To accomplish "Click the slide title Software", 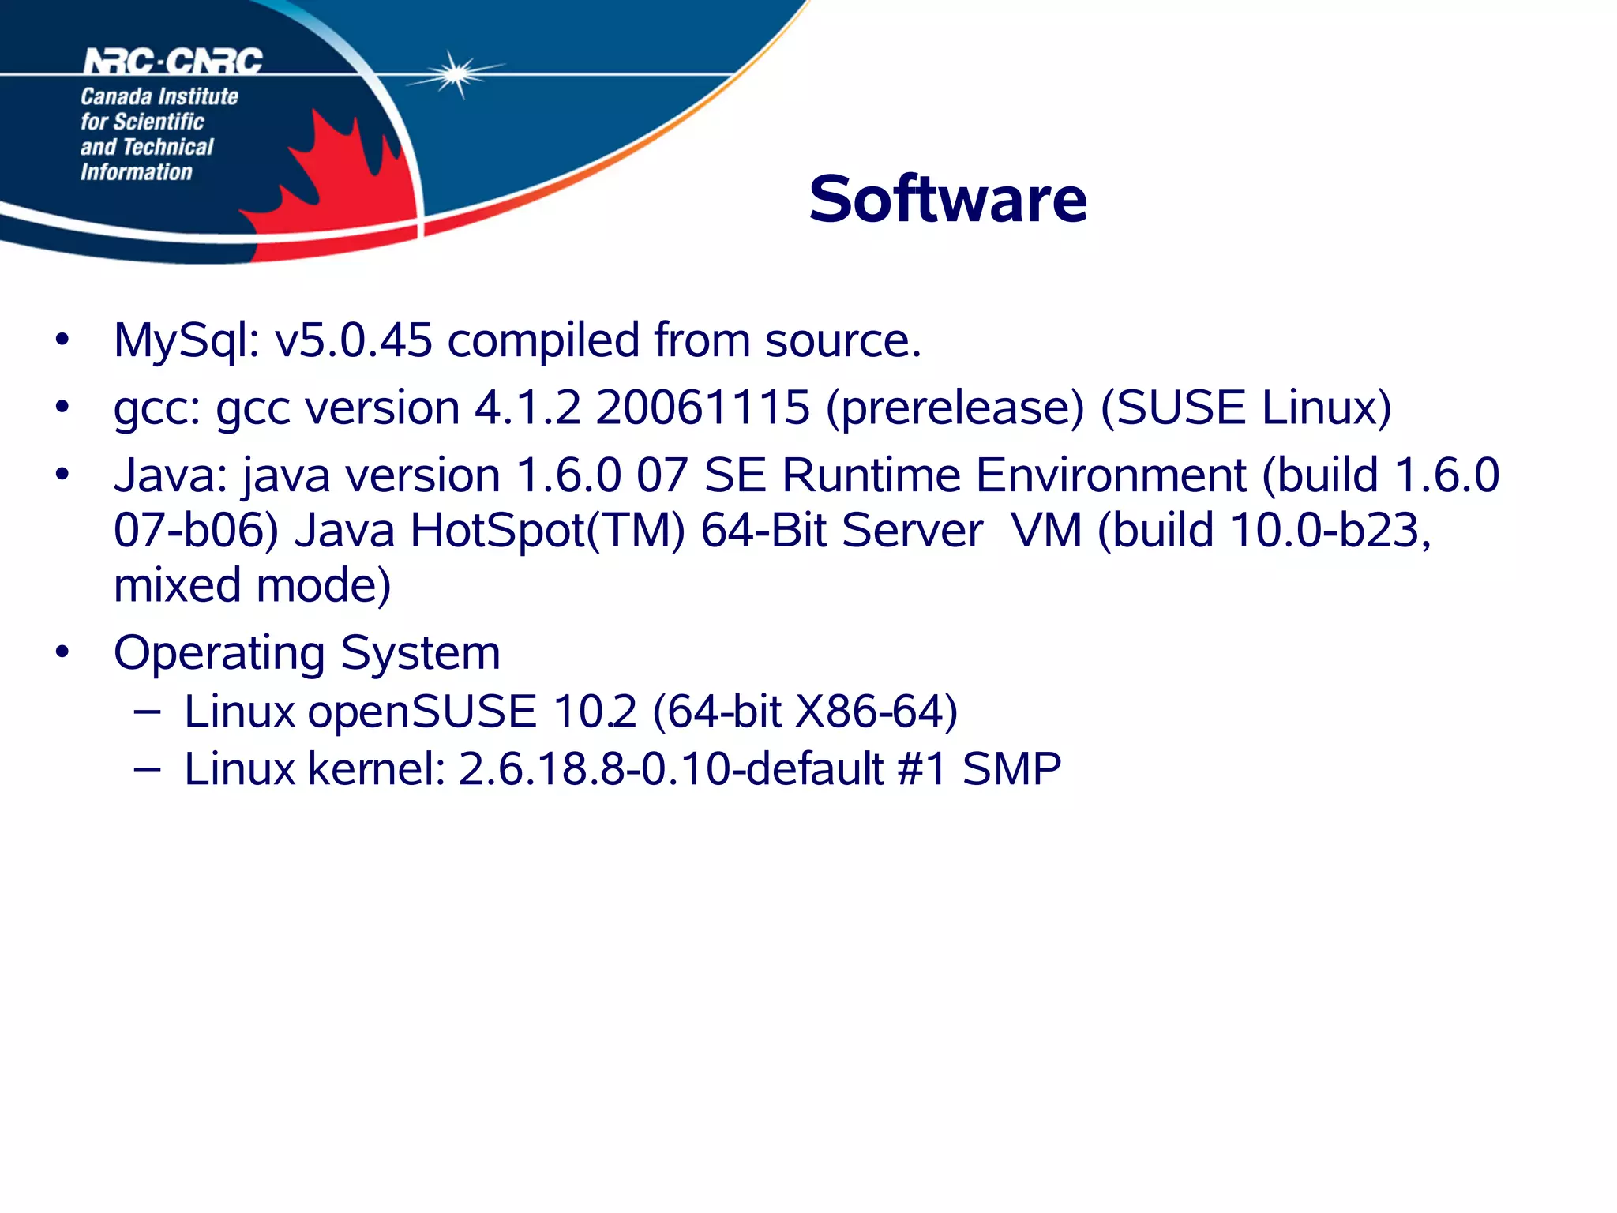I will point(947,199).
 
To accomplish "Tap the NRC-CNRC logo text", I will point(173,62).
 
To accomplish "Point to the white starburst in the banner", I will point(456,74).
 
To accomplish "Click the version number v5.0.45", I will point(353,341).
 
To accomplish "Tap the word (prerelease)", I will point(955,408).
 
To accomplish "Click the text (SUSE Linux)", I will point(1245,408).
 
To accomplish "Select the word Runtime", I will point(871,475).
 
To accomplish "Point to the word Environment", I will point(1111,475).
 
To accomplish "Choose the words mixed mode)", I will point(252,585).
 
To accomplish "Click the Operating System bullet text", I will point(307,653).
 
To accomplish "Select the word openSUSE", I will point(422,712).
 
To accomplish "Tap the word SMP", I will point(1011,769).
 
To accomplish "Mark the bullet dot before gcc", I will point(62,407).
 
